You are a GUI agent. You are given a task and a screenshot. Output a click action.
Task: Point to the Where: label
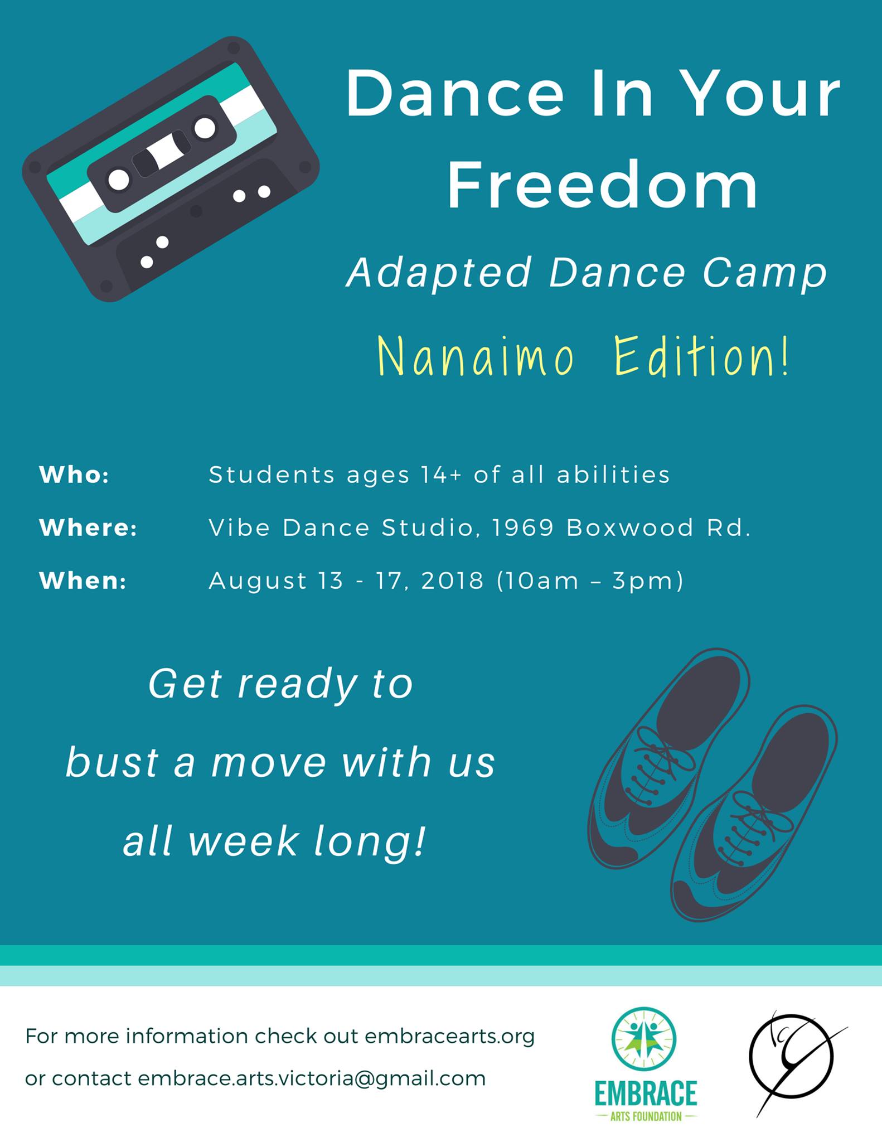[88, 528]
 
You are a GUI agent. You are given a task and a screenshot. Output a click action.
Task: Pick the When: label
[83, 580]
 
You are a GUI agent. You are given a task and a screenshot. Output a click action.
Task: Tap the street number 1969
[524, 528]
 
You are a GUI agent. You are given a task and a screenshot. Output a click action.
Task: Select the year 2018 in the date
[452, 580]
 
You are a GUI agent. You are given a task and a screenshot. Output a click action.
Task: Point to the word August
[258, 582]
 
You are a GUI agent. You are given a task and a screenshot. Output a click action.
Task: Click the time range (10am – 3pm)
[590, 581]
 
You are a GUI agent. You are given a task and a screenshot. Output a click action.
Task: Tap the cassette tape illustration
[171, 169]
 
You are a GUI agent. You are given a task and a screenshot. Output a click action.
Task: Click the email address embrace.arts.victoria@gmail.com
[312, 1078]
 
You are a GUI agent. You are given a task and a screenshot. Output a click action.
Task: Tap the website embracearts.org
[449, 1037]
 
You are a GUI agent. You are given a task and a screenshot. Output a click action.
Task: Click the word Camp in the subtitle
[764, 274]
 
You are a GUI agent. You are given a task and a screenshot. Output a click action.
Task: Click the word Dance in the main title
[455, 93]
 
